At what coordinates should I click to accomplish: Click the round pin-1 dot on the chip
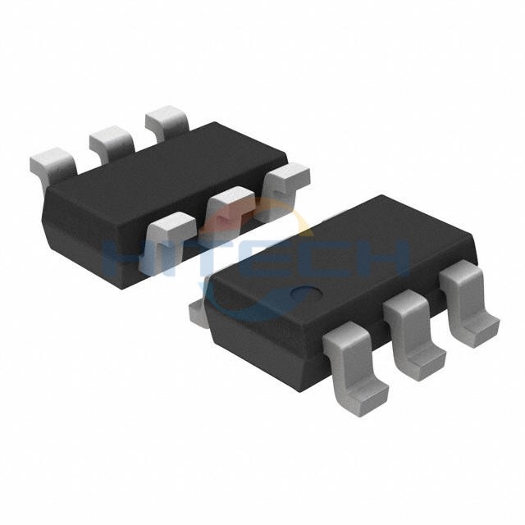click(x=306, y=293)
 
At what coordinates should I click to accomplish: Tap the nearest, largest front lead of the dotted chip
click(x=354, y=368)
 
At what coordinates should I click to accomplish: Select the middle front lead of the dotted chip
click(x=414, y=335)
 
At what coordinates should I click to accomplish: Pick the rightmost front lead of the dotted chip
click(x=468, y=303)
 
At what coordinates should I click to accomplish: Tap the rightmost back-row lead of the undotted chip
click(x=167, y=121)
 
